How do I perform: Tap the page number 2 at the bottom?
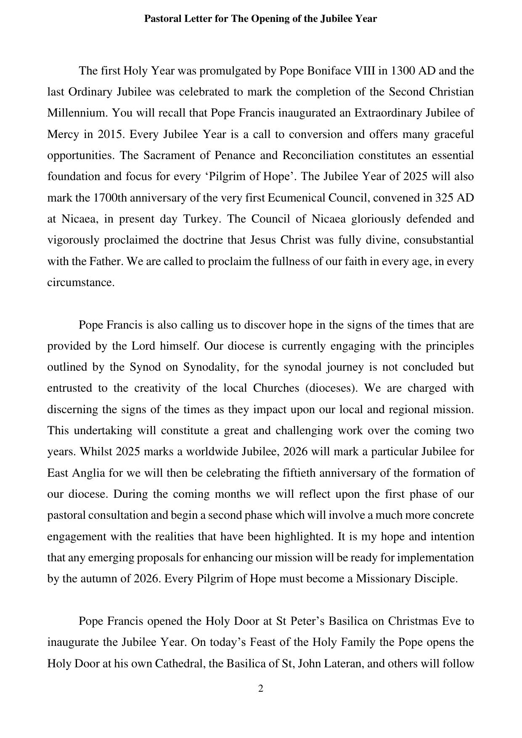[x=261, y=688]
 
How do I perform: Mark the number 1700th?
[x=110, y=198]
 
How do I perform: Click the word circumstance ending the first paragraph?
[x=80, y=282]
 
